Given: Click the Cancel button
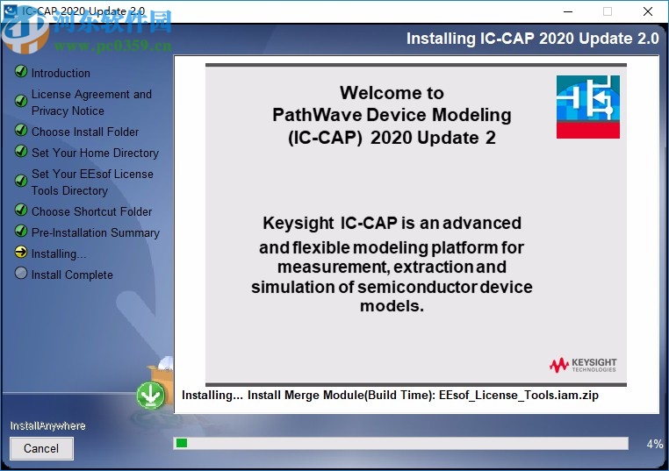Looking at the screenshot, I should (x=41, y=448).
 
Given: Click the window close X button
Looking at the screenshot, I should (x=648, y=12).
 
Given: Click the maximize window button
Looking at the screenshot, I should (x=607, y=12).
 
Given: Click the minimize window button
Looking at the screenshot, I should (x=566, y=12).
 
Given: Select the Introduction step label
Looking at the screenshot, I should (x=61, y=73).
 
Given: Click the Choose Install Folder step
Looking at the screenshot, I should (x=85, y=132).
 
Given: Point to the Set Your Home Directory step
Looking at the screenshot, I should (x=95, y=153).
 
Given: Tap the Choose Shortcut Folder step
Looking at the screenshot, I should (x=91, y=211).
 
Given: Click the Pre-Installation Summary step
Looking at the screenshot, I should (x=95, y=232).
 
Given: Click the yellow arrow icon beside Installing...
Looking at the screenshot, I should (x=21, y=253).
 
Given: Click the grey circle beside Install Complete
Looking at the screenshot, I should (x=21, y=274).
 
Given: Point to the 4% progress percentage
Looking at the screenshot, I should (x=654, y=444).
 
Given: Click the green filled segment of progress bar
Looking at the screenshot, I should (x=182, y=444).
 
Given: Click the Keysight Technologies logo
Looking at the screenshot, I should (x=583, y=364).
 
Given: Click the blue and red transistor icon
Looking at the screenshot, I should (x=587, y=106).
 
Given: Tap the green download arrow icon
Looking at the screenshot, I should (x=151, y=396).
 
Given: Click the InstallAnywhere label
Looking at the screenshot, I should (x=47, y=425).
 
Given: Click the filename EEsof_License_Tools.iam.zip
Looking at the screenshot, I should (x=519, y=395).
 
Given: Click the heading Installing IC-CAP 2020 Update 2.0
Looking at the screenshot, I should (x=531, y=39).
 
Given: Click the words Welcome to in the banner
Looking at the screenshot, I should (x=392, y=93).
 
